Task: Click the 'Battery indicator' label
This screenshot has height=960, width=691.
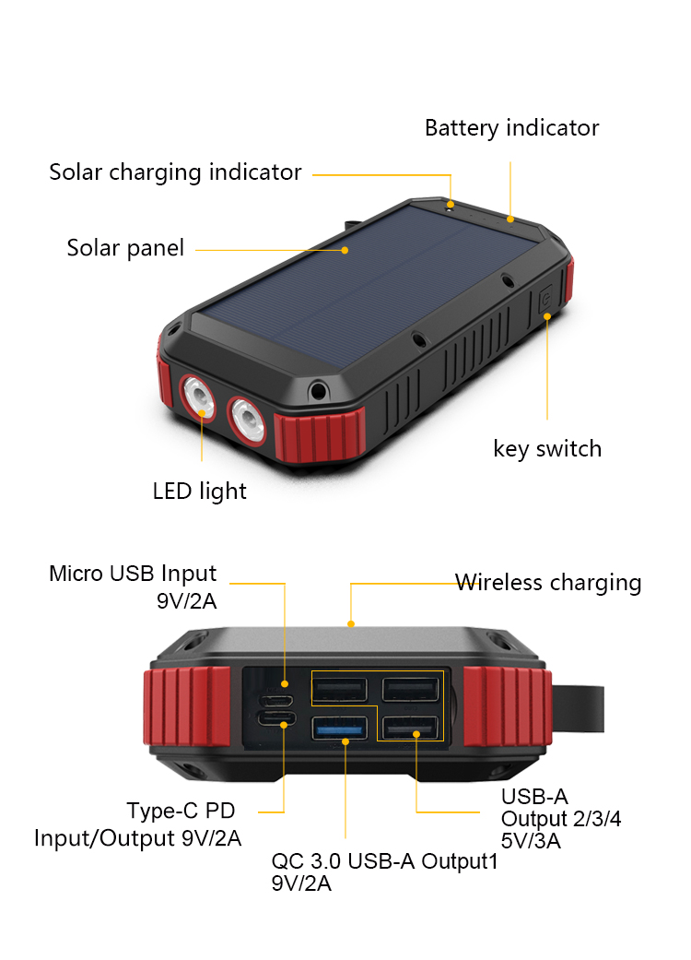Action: [x=511, y=128]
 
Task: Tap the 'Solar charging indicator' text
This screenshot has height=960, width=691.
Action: [x=175, y=172]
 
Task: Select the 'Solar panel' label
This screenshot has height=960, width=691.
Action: [x=125, y=248]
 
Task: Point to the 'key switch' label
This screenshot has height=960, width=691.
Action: [x=547, y=449]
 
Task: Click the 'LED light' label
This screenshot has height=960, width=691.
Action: [x=199, y=491]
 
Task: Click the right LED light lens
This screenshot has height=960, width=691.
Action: [x=247, y=420]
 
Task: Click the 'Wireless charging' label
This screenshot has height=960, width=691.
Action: [x=548, y=583]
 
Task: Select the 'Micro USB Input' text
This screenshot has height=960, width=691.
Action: [x=133, y=575]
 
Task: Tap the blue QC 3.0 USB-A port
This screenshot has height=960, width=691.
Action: [x=339, y=729]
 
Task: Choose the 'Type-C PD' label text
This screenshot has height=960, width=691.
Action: [x=181, y=812]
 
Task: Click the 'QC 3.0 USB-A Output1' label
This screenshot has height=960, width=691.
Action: [x=384, y=862]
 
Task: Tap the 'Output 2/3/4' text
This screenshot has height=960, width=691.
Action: [x=561, y=819]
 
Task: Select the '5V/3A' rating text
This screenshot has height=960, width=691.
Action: [x=532, y=841]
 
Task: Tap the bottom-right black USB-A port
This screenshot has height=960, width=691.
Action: [x=410, y=729]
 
